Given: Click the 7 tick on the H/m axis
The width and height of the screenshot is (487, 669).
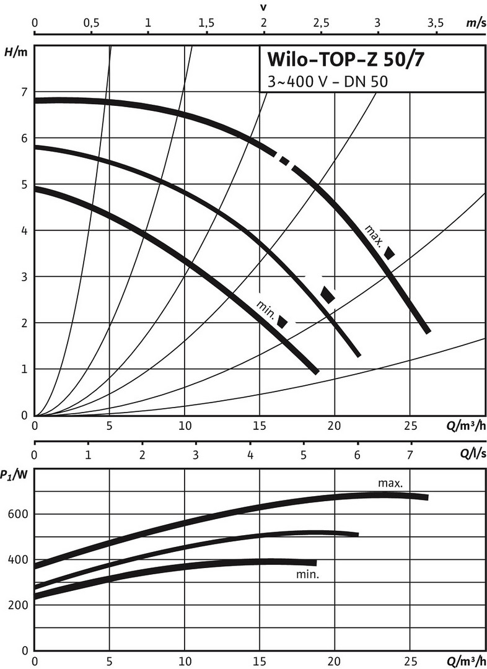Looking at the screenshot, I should click(x=24, y=92).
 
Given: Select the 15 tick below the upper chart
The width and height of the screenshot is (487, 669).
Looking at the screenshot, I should click(x=259, y=427).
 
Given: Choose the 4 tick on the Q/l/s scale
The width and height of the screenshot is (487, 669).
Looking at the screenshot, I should click(x=250, y=454).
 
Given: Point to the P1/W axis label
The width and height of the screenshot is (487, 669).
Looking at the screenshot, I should click(x=13, y=475).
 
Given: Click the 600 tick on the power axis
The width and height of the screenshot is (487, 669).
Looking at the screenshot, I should click(x=19, y=514).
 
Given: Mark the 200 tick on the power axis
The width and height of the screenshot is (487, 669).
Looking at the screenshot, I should click(x=19, y=605).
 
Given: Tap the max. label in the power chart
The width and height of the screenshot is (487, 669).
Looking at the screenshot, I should click(x=391, y=482).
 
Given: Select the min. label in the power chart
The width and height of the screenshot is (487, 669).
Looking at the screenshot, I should click(x=307, y=574).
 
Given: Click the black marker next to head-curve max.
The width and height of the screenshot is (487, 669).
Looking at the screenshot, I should click(x=390, y=252).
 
